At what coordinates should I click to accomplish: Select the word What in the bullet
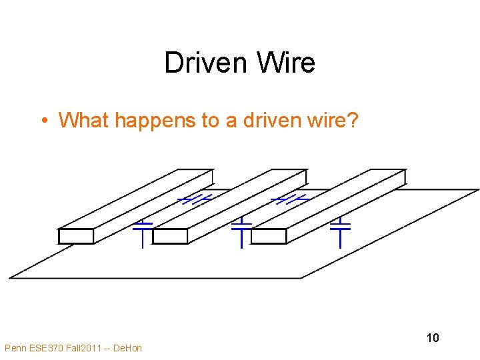pos(84,120)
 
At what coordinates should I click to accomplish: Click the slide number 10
pos(433,337)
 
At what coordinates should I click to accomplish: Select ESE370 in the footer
pos(47,348)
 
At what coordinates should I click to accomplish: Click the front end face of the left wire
pos(75,237)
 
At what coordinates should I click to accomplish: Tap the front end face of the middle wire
pos(171,237)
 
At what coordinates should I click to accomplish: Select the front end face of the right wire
pos(269,237)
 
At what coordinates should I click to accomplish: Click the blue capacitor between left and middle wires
pos(195,199)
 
